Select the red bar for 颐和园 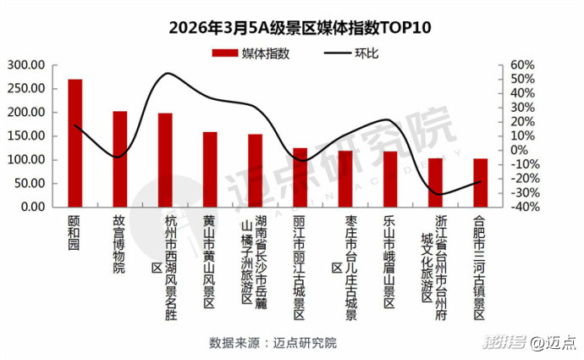point(75,144)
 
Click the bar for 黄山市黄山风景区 point(210,169)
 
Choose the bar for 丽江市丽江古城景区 point(300,177)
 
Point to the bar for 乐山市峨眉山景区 point(389,179)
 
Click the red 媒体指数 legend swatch point(223,53)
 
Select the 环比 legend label point(366,53)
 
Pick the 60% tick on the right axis point(522,65)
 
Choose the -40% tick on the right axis point(522,208)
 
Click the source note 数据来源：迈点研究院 point(273,343)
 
